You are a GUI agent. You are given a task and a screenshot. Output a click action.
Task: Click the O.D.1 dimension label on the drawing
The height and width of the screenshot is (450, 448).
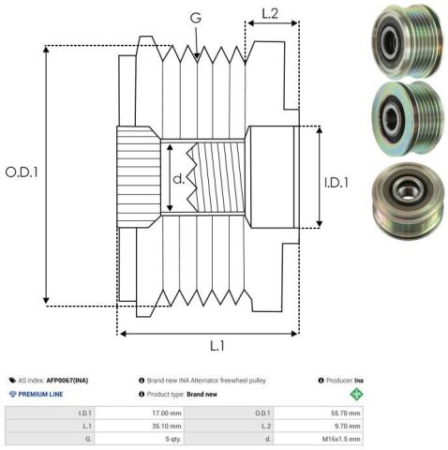pyautogui.click(x=22, y=172)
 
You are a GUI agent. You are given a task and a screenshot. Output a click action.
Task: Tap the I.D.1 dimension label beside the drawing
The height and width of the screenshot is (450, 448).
pyautogui.click(x=336, y=183)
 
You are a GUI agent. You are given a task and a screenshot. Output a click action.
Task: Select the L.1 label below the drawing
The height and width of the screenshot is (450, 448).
pyautogui.click(x=217, y=346)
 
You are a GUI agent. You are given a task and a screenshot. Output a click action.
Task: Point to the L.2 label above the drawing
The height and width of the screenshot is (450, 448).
pyautogui.click(x=270, y=14)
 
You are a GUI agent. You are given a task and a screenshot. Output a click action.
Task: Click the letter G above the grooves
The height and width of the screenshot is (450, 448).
pyautogui.click(x=196, y=18)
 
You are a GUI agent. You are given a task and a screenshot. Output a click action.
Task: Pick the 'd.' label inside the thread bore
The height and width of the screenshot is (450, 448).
pyautogui.click(x=179, y=179)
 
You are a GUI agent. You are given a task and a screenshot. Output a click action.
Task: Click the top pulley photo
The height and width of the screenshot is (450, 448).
pyautogui.click(x=408, y=40)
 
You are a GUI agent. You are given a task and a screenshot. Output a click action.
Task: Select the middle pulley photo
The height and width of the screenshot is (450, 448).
pyautogui.click(x=408, y=119)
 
